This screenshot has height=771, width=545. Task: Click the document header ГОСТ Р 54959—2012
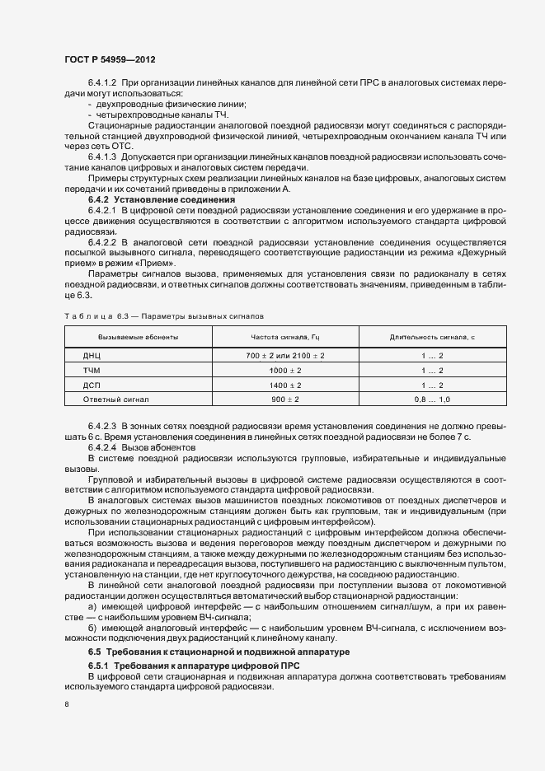[109, 59]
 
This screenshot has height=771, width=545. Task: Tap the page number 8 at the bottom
[68, 704]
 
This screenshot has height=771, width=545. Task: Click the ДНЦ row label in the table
[92, 355]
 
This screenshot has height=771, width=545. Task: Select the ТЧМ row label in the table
[92, 370]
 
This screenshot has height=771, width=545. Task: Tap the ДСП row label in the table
[92, 385]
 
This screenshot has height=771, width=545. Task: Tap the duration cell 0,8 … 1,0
[432, 400]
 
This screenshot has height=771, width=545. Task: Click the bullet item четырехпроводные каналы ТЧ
[146, 115]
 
